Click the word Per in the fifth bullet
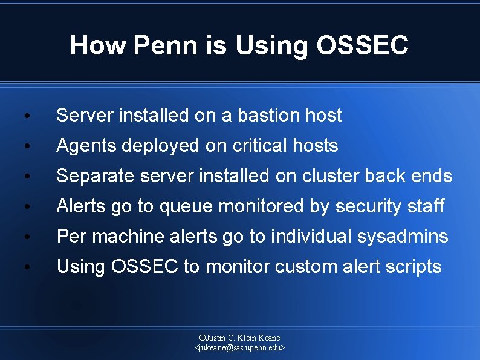(x=70, y=237)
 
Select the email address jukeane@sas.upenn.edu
(x=240, y=348)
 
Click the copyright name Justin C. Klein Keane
(x=240, y=338)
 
